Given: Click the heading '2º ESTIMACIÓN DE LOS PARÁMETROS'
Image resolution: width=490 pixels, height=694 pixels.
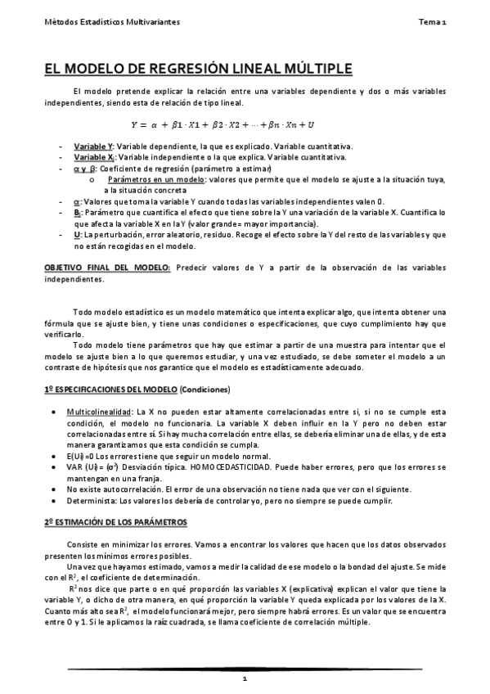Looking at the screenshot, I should pos(115,521).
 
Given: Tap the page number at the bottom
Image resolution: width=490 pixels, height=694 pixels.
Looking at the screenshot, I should pos(245,678).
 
